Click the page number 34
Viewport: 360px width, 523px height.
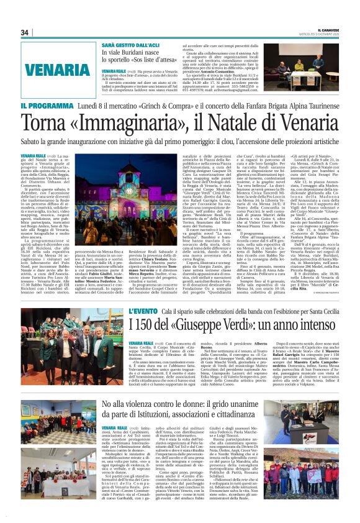25,33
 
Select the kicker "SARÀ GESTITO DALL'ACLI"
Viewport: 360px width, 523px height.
135,46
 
